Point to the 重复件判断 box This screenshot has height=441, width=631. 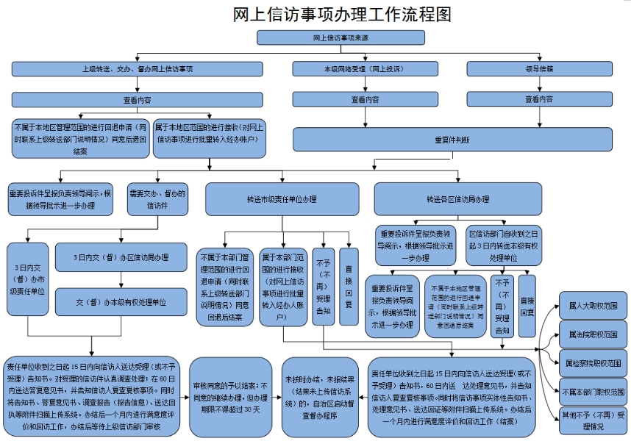tap(452, 139)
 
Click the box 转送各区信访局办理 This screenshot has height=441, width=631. tap(457, 198)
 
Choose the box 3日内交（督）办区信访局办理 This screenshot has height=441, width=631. tap(121, 258)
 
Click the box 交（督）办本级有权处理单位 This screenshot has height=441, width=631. tap(121, 301)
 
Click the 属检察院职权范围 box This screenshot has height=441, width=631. tap(593, 363)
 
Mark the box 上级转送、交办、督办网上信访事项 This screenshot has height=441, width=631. tap(137, 68)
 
